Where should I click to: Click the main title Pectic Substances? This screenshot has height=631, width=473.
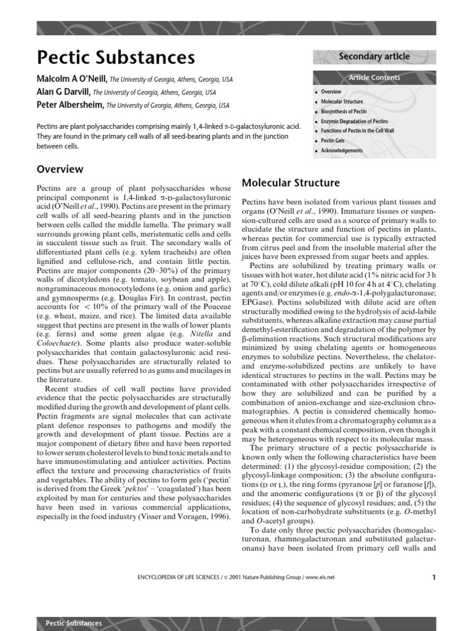(x=116, y=57)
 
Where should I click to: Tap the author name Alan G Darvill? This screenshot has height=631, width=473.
(x=64, y=92)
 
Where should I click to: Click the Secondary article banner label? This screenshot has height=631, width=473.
(x=374, y=57)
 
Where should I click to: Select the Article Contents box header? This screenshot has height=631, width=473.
(x=374, y=78)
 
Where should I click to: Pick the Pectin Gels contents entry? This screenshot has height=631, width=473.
(x=333, y=141)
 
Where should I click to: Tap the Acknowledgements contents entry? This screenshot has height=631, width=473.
(x=342, y=151)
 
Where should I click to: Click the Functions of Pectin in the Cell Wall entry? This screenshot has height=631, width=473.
(x=357, y=131)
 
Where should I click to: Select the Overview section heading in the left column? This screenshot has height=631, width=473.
(x=60, y=169)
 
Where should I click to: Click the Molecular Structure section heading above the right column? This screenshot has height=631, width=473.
(x=290, y=183)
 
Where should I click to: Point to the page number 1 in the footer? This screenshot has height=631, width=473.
(x=434, y=577)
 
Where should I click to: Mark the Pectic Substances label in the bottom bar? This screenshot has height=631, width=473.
(x=74, y=623)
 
